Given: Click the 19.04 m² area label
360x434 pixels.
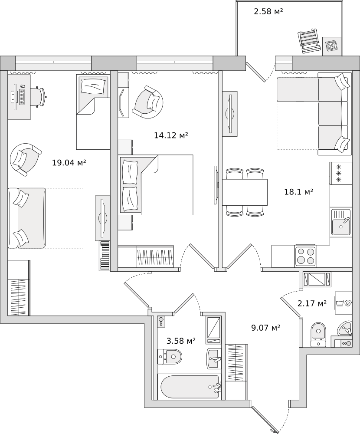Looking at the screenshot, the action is (x=69, y=162).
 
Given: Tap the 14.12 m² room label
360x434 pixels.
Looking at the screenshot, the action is (x=171, y=135).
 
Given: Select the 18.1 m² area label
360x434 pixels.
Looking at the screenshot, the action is (x=299, y=191).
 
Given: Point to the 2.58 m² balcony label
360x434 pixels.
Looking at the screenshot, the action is (x=268, y=11).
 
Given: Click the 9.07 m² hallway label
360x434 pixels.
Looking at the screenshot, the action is (x=266, y=328).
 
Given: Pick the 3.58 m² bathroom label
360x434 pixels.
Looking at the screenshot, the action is (x=181, y=341).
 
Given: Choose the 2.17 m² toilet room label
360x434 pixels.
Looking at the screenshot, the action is (x=312, y=304).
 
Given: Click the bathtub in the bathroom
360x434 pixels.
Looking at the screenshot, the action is (x=191, y=387).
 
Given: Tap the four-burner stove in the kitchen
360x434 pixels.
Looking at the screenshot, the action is (x=305, y=256).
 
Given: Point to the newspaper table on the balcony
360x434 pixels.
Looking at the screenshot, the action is (x=332, y=46).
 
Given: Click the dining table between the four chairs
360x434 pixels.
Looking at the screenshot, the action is (x=245, y=192).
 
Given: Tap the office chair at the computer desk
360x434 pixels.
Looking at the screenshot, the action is (x=38, y=97).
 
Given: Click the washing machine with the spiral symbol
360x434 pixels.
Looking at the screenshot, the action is (x=344, y=303).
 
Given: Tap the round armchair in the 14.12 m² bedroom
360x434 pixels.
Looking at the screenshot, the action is (x=148, y=102).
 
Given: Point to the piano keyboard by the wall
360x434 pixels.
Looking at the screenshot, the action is (x=105, y=256).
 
